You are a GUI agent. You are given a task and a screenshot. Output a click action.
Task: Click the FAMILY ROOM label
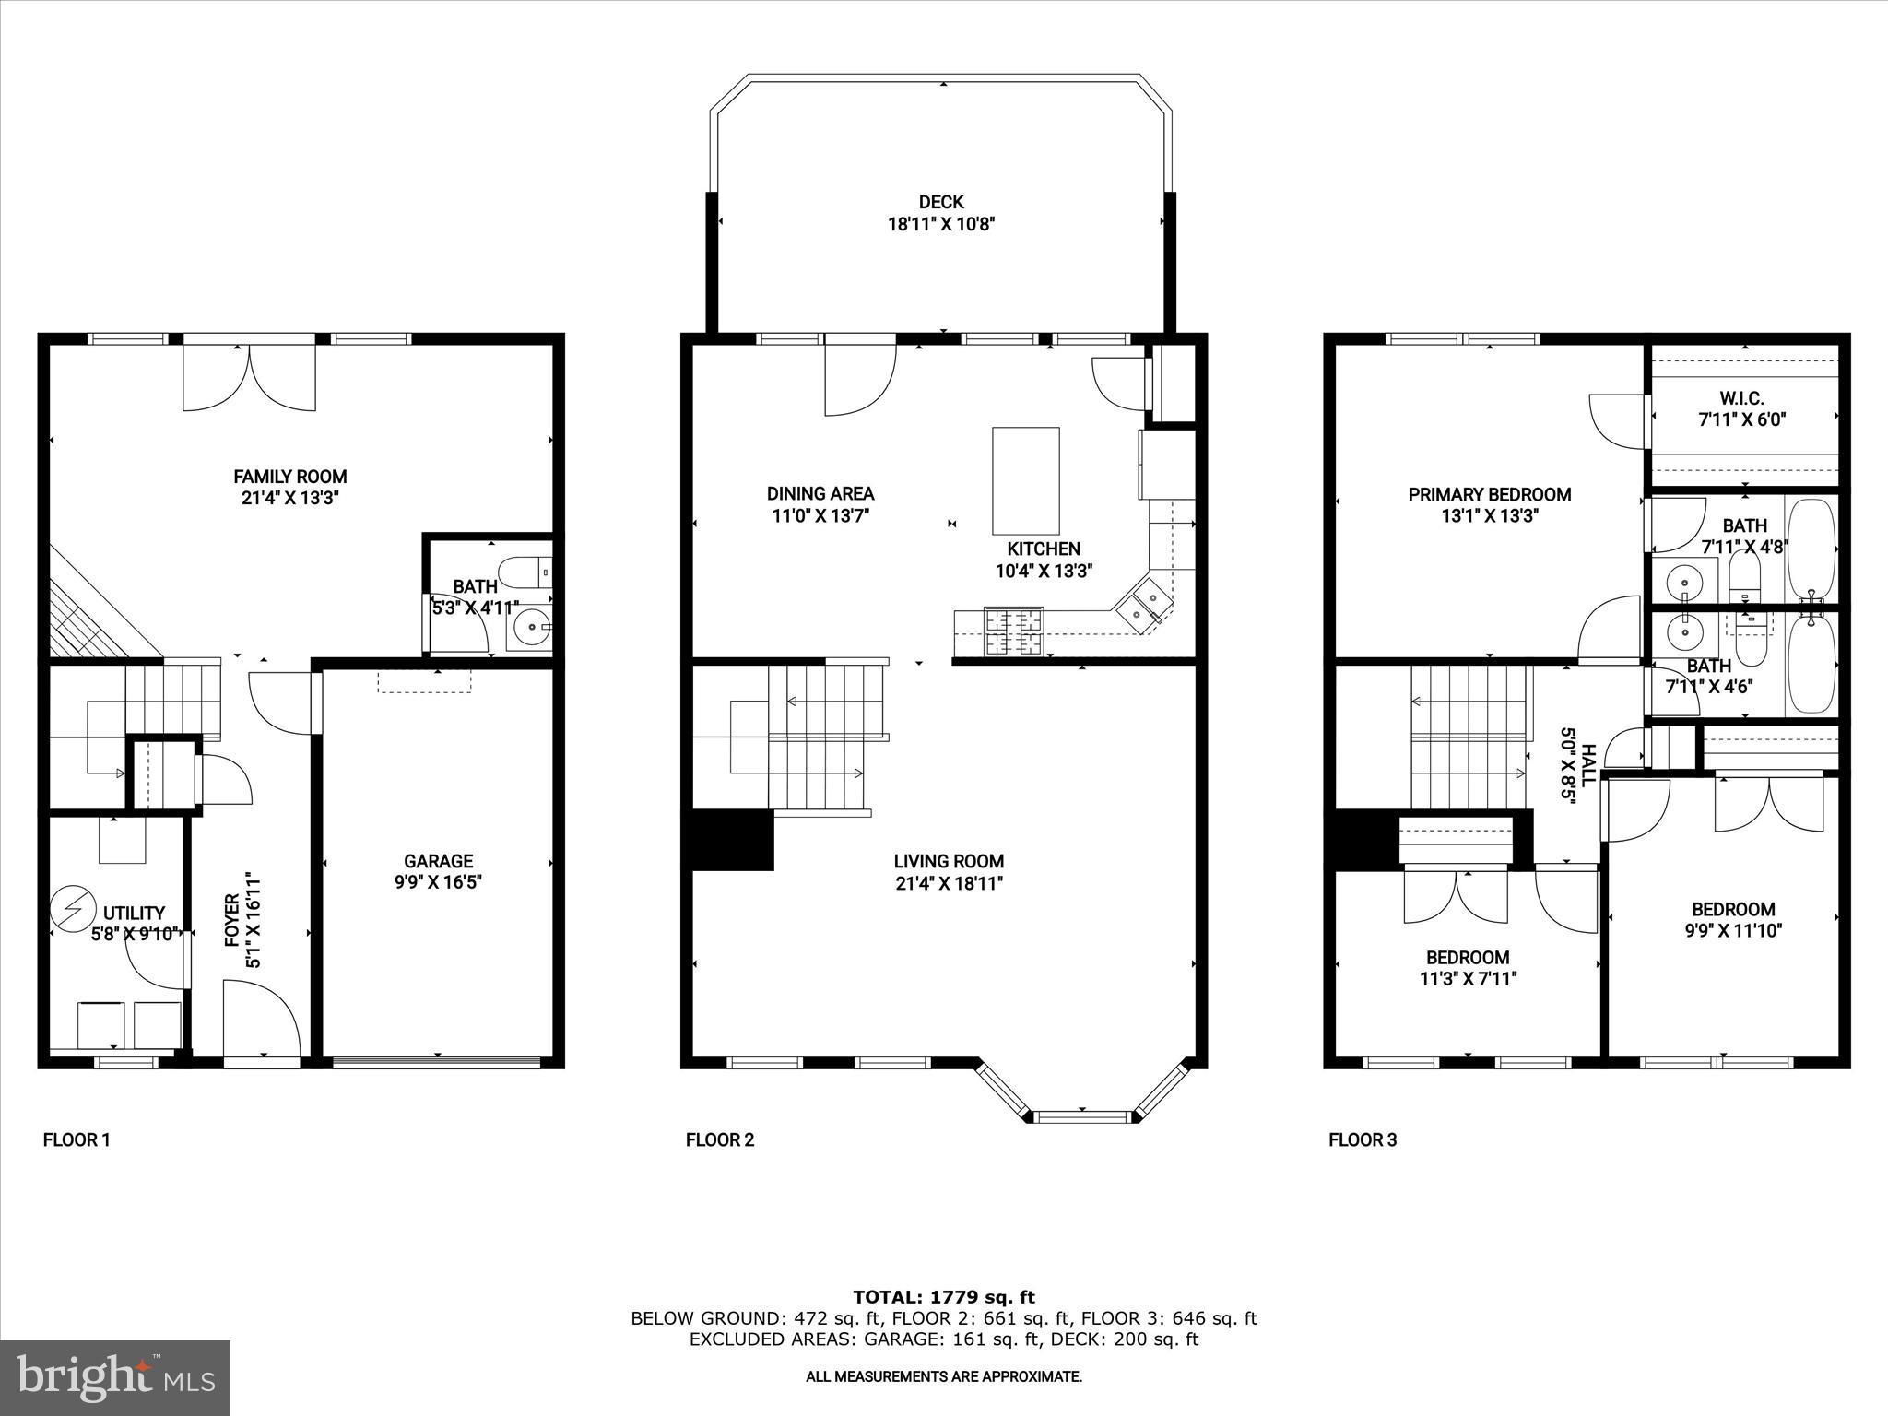tap(289, 477)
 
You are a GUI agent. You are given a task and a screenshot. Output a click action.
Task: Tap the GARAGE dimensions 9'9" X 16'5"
tap(438, 882)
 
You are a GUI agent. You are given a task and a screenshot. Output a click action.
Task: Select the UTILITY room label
tap(134, 914)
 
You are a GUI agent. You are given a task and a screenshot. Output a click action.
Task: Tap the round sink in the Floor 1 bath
tap(532, 630)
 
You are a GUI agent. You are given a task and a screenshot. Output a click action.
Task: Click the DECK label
tap(940, 202)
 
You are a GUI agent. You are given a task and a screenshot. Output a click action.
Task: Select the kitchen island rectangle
tap(1025, 480)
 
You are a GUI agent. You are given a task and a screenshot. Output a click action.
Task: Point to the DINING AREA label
tap(820, 494)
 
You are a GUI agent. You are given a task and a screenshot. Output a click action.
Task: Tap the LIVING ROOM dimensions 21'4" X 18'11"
tap(949, 883)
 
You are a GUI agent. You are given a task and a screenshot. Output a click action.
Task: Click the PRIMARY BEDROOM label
tap(1489, 495)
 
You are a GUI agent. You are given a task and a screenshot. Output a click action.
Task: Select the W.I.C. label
tap(1741, 399)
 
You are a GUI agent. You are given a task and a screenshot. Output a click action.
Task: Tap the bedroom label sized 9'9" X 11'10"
tap(1732, 909)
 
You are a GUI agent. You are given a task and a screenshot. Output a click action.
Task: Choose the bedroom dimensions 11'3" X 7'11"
tap(1468, 978)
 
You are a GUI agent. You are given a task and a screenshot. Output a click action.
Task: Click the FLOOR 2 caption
tap(720, 1140)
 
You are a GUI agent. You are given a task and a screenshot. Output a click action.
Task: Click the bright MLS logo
tap(115, 1378)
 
